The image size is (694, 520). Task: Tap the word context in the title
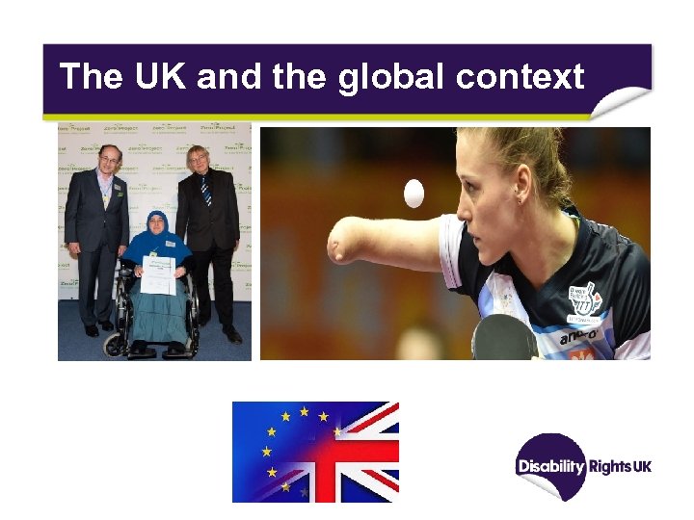tap(520, 76)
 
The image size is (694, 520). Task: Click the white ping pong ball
tap(414, 195)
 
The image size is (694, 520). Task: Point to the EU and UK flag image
tap(315, 452)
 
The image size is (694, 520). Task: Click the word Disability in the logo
tap(551, 467)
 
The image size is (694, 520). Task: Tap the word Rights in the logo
tap(609, 467)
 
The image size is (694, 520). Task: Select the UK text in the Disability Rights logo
tap(643, 467)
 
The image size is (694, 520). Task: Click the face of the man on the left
tap(110, 160)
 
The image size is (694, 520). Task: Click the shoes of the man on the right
tap(231, 335)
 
